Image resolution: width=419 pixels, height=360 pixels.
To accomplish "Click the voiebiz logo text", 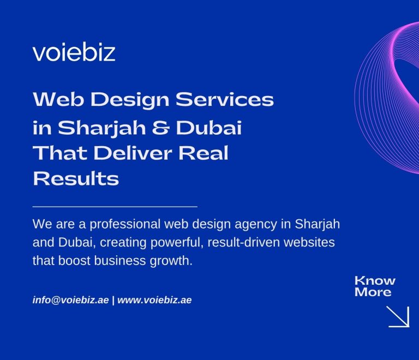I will click(74, 52).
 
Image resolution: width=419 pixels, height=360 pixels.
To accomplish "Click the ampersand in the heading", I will click(176, 129).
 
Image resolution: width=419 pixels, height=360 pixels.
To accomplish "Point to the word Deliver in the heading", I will click(140, 153).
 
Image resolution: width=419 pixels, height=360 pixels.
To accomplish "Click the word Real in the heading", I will click(207, 153).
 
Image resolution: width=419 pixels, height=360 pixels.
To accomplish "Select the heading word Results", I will click(76, 178).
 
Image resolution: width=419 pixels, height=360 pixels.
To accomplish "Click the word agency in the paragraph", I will click(263, 224).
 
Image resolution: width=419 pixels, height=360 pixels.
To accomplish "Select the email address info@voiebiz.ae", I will click(71, 300).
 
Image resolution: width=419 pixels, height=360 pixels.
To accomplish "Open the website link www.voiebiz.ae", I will click(154, 300).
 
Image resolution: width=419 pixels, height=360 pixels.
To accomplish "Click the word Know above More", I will click(375, 281).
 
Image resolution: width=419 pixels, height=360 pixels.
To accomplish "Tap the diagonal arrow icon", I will click(398, 316).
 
